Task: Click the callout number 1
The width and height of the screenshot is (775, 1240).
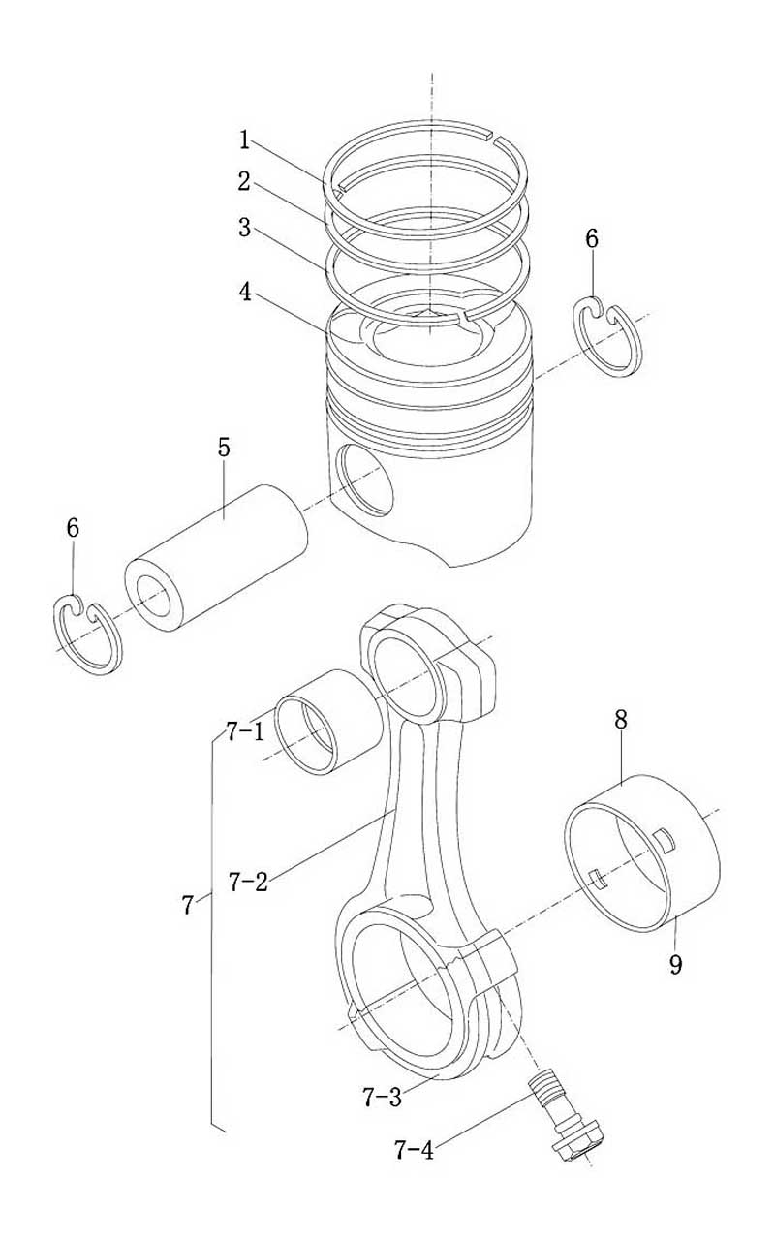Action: point(245,140)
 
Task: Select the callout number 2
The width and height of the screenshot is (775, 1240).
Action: point(244,181)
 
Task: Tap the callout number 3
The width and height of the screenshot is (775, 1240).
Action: point(244,228)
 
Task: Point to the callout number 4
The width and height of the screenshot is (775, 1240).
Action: point(245,293)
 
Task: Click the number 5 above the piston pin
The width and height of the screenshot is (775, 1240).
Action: point(223,448)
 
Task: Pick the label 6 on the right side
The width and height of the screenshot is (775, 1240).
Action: point(592,238)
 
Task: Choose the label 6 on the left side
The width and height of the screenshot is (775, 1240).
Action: point(73,528)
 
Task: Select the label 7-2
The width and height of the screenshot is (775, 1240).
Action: point(247,882)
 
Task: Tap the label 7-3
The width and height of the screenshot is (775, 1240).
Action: point(383,1098)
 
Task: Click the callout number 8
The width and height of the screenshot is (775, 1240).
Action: point(621,720)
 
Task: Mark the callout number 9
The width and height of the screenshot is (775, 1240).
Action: point(676,965)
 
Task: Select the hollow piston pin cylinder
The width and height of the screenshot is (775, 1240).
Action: point(216,558)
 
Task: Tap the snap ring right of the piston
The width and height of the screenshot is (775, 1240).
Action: point(607,336)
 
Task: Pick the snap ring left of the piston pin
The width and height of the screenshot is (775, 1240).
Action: point(88,635)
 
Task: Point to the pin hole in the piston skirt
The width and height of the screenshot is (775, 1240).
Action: point(366,480)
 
